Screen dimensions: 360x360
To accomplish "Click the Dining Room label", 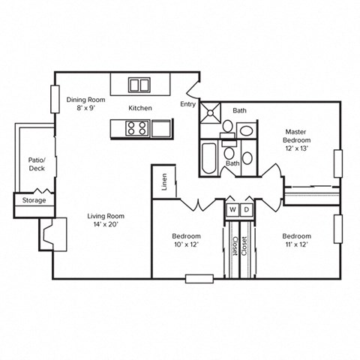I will (x=85, y=99).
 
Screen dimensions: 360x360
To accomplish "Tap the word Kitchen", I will (x=139, y=108).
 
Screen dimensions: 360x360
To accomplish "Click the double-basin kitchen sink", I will (x=139, y=84).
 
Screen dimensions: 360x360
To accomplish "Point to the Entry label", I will (x=187, y=104).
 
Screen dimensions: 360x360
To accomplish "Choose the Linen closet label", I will (x=164, y=182).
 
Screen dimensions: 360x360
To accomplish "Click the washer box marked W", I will (x=232, y=209).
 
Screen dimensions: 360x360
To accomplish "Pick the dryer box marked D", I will (x=246, y=209).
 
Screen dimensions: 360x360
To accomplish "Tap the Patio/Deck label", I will (x=37, y=164).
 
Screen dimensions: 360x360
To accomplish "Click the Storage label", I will (x=34, y=200).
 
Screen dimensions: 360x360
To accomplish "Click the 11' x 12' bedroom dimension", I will (x=297, y=244).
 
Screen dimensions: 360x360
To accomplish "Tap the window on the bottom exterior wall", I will (x=199, y=279).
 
